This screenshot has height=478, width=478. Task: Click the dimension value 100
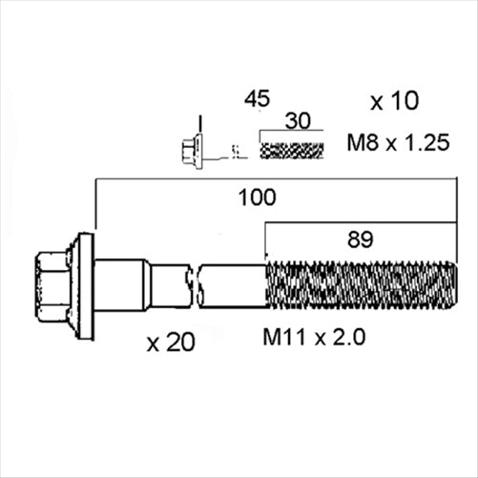click(258, 197)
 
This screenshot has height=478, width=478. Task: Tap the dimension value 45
click(257, 98)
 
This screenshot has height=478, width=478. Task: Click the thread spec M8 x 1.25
click(398, 144)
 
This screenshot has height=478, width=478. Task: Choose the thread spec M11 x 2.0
click(314, 337)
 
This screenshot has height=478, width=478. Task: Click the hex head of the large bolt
click(52, 284)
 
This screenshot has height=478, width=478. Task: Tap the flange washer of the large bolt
click(86, 284)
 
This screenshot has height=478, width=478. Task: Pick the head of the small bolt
click(189, 149)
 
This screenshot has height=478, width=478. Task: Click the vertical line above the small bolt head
click(199, 124)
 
